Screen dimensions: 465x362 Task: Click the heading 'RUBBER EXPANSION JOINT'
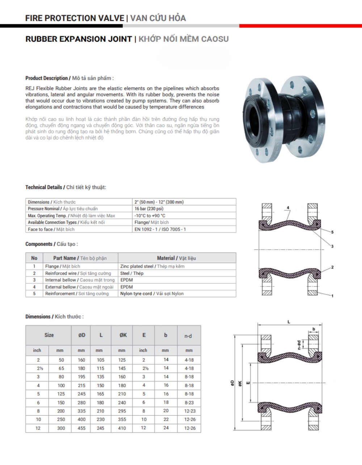[79, 39]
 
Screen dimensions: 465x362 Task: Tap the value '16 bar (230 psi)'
[149, 209]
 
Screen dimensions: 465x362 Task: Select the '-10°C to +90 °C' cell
[150, 215]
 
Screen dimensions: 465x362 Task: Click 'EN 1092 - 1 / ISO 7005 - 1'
[160, 229]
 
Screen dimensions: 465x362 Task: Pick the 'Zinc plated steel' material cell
[136, 266]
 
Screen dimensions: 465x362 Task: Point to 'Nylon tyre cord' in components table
[136, 294]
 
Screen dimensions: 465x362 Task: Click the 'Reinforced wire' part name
[61, 273]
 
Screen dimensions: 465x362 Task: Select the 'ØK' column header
[123, 335]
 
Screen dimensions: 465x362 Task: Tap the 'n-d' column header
[188, 336]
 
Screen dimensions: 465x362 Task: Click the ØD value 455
[82, 428]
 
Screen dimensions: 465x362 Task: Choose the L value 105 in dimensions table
[101, 360]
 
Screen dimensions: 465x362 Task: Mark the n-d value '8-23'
[189, 402]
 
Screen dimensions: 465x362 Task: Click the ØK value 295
[122, 411]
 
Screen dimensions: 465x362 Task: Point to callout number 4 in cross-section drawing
[288, 208]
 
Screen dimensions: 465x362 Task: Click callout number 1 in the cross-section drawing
[332, 296]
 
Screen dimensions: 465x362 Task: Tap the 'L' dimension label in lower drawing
[289, 322]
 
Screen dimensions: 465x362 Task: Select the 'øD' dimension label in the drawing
[232, 383]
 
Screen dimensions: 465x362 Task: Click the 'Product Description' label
[46, 78]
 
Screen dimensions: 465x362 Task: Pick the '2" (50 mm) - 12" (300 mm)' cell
[159, 202]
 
